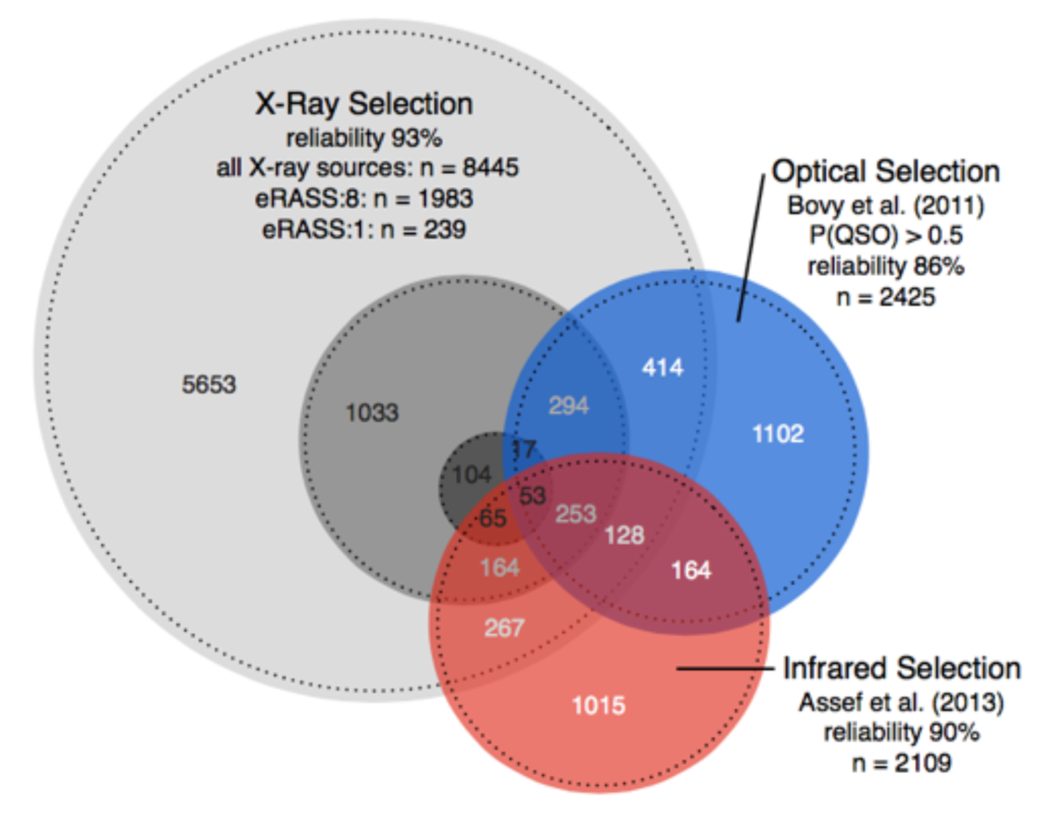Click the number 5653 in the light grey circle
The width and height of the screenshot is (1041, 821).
[209, 384]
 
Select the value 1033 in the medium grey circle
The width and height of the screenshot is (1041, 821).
[372, 413]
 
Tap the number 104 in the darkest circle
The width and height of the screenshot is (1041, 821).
[472, 475]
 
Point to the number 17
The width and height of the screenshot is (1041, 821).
[524, 450]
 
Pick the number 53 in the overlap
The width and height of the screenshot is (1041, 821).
[533, 495]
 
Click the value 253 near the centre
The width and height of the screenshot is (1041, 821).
[576, 514]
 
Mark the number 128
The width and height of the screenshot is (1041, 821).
[624, 535]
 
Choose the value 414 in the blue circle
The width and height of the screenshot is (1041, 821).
[662, 367]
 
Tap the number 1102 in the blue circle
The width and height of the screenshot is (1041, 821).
[778, 434]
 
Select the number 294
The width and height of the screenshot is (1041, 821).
[568, 405]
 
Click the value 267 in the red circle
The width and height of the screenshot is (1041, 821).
[504, 628]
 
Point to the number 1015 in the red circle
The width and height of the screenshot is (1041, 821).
[598, 705]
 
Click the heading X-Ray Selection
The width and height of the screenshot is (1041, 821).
[364, 104]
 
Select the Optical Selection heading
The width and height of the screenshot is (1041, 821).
[886, 171]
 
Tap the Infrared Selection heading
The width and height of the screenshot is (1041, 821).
[902, 669]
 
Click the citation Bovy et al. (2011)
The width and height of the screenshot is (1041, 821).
[886, 206]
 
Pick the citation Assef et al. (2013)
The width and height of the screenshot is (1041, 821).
[902, 703]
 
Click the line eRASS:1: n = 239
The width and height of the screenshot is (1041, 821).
[364, 229]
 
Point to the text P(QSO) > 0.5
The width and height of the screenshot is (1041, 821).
[886, 235]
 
